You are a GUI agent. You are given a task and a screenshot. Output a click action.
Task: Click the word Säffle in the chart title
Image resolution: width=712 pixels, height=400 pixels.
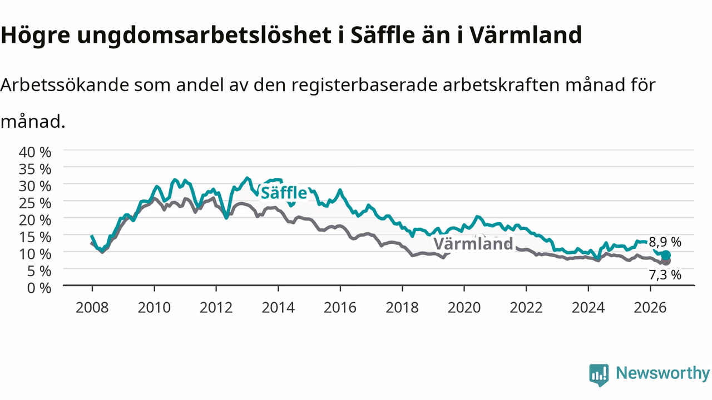click(x=383, y=34)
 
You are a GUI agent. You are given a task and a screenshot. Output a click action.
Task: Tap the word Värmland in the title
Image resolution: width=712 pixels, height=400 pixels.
click(x=526, y=34)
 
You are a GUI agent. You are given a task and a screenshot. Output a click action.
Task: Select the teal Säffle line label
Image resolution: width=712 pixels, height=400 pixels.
click(x=284, y=193)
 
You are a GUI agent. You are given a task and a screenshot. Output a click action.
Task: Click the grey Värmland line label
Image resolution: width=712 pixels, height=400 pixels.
click(x=473, y=244)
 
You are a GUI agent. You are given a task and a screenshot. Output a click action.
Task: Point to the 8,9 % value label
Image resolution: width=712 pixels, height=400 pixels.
click(x=665, y=242)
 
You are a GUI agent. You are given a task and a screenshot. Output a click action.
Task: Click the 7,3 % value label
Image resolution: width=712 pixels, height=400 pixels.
click(x=665, y=275)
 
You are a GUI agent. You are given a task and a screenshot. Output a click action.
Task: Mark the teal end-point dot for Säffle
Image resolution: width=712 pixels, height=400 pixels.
click(x=666, y=255)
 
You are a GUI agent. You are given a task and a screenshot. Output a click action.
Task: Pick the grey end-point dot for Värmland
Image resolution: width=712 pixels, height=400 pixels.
click(x=666, y=261)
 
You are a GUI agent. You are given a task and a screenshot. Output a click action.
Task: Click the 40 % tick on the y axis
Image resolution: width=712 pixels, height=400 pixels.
click(x=35, y=152)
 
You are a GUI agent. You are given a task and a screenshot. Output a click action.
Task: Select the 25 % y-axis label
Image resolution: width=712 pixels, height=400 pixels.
click(x=35, y=203)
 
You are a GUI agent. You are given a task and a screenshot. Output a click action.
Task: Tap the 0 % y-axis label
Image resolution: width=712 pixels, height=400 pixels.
click(x=39, y=288)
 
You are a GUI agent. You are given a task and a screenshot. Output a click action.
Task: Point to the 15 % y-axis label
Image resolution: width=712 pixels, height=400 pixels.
click(x=35, y=237)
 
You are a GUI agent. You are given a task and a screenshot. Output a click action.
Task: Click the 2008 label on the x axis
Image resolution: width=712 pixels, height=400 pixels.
click(x=92, y=308)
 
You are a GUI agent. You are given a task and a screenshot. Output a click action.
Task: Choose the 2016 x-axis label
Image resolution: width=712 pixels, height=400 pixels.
click(x=340, y=308)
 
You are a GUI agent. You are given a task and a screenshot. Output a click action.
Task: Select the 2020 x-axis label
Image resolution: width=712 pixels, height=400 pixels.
click(x=464, y=308)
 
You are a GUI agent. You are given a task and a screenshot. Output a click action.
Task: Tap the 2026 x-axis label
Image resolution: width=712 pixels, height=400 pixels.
click(x=650, y=308)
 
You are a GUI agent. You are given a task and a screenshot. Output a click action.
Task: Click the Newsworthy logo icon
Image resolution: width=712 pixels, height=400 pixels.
click(x=599, y=375)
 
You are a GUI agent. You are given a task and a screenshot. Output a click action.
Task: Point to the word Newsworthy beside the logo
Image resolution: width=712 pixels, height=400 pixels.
click(x=662, y=373)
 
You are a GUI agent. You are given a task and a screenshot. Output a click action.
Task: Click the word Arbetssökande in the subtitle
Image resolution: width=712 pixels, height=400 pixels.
click(x=65, y=85)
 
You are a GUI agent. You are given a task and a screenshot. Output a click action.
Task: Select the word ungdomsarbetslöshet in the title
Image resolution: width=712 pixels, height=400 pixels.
click(x=204, y=35)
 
